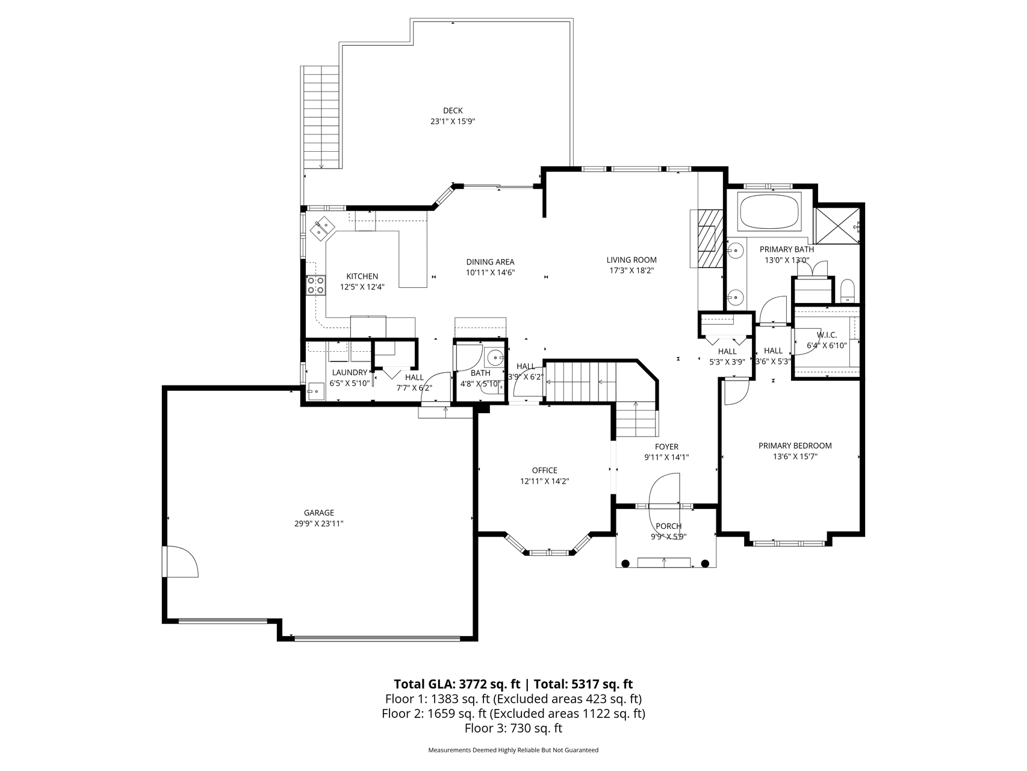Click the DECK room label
453,110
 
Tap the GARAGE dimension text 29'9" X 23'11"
319,524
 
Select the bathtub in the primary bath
769,211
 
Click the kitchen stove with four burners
316,285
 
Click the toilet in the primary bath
847,291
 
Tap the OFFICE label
545,470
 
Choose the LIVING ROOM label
631,260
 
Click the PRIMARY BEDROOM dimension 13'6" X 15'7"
795,457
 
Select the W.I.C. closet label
827,335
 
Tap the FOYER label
666,447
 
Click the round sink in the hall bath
494,357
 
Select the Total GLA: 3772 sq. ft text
457,684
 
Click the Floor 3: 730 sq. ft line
513,728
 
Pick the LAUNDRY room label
349,373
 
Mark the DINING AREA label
490,262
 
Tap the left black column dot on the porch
625,563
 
